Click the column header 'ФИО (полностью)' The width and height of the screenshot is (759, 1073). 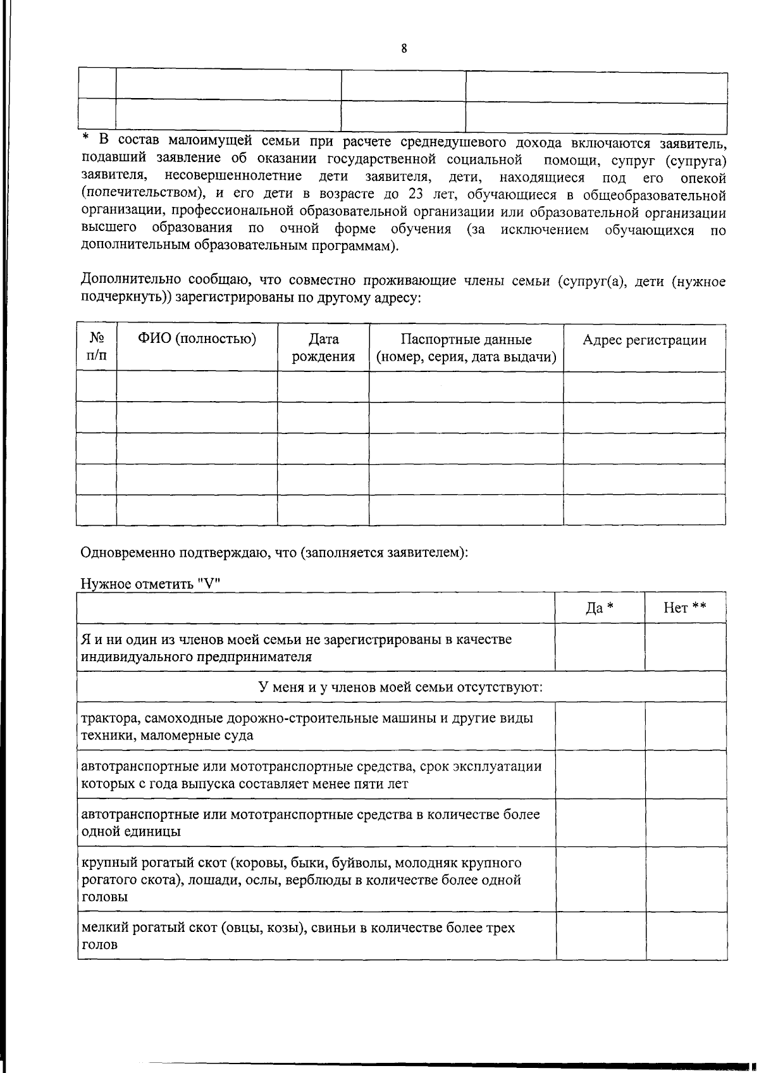[197, 339]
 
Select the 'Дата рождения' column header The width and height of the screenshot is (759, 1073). [323, 347]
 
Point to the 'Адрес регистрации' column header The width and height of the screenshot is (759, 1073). [644, 340]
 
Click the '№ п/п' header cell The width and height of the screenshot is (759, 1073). [96, 347]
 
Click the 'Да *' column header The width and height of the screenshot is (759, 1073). [600, 608]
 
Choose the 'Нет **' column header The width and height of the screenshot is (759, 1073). [685, 608]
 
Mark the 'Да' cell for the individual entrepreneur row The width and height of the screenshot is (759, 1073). [600, 647]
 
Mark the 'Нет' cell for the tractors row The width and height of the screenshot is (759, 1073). [685, 726]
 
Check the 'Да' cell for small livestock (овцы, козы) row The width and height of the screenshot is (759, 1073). [600, 936]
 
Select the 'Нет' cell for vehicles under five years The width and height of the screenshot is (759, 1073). [685, 774]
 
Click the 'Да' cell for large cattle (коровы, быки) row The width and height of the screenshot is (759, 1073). [600, 879]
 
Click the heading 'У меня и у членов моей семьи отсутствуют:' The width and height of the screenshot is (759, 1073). [402, 687]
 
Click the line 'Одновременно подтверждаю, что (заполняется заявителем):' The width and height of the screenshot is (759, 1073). [275, 552]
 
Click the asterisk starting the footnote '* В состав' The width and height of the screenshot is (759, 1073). [86, 138]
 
